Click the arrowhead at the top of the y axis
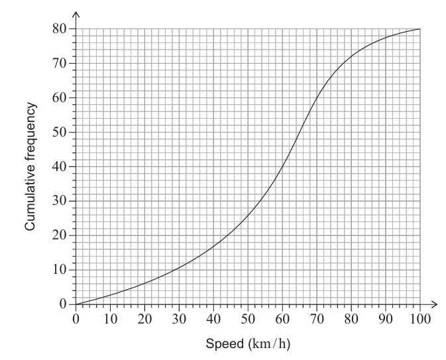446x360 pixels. [76, 15]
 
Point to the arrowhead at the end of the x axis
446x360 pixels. [435, 304]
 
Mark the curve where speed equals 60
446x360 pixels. [282, 162]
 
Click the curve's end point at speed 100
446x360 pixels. [419, 29]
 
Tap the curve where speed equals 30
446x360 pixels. [179, 267]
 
